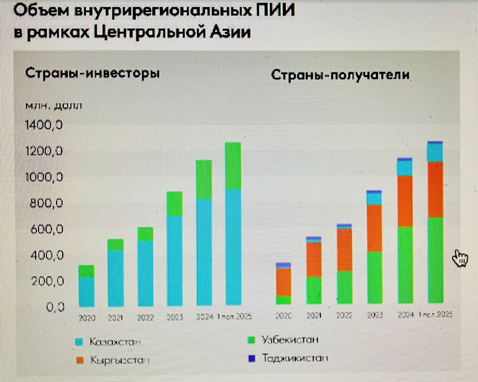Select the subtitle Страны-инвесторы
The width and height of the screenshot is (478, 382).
point(92,73)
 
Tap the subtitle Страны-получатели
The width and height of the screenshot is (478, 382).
point(340,75)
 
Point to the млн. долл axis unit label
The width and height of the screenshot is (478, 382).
point(53,106)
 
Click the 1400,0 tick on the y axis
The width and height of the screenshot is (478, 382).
point(44,124)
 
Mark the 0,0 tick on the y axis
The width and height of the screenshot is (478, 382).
point(55,307)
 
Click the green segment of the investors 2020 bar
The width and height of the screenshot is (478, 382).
point(86,271)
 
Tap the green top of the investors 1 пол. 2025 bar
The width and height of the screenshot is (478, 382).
point(233,166)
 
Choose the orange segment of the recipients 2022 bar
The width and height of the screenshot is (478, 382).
point(344,249)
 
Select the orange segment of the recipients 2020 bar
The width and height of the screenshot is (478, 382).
point(283,282)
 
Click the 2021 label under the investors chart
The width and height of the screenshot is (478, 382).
point(115,318)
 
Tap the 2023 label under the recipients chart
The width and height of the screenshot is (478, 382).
point(375,315)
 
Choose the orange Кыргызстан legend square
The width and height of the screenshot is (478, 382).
point(80,360)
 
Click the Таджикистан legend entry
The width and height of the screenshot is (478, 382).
point(295,358)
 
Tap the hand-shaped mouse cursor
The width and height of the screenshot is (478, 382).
point(460,258)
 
